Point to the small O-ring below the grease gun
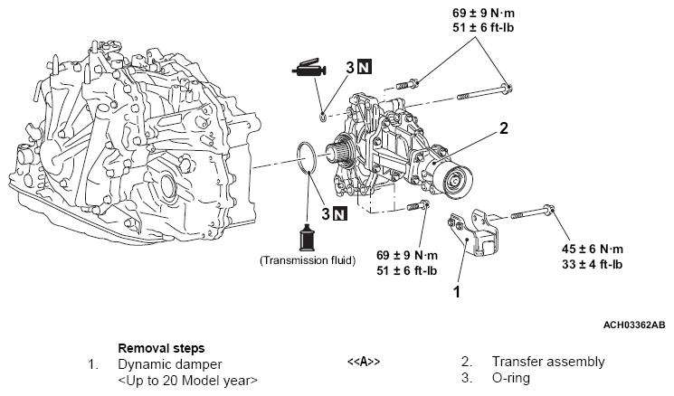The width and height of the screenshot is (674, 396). tap(324, 114)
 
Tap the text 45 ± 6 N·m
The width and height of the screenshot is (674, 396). tap(591, 249)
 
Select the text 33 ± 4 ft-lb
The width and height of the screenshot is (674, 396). tap(591, 264)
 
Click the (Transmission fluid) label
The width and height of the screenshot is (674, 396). tap(308, 260)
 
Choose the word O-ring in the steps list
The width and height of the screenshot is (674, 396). tap(511, 378)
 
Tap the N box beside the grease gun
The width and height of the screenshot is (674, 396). tap(362, 66)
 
